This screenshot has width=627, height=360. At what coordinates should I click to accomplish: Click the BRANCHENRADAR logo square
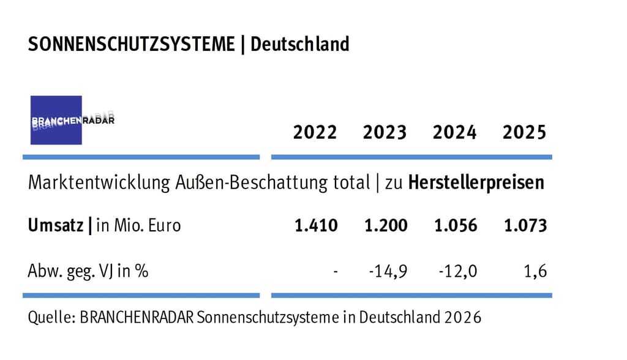[56, 120]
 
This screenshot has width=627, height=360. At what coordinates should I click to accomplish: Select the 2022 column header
[315, 132]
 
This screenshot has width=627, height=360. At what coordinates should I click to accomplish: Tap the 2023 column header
[385, 132]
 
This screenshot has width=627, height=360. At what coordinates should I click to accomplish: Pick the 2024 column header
[454, 132]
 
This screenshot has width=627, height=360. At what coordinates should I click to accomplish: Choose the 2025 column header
[525, 132]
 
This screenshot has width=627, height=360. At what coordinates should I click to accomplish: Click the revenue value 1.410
[316, 225]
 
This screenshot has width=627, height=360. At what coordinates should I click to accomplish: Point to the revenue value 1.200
[386, 225]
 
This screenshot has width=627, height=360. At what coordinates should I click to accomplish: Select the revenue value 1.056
[456, 225]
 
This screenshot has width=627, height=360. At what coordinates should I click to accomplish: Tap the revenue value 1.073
[525, 225]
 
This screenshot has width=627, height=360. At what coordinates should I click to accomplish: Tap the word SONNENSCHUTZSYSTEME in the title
[131, 45]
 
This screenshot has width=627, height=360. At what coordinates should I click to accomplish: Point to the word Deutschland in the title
[300, 45]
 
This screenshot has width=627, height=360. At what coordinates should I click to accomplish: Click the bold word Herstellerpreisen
[476, 182]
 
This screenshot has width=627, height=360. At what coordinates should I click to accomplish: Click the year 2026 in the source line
[463, 318]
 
